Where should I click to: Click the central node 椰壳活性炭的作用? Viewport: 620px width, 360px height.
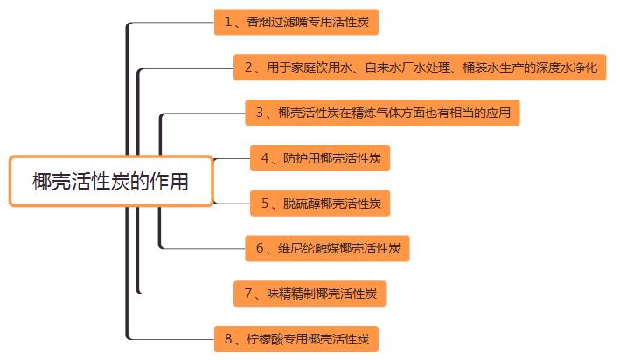pyautogui.click(x=110, y=181)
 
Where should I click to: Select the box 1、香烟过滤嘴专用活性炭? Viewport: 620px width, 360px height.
pyautogui.click(x=296, y=21)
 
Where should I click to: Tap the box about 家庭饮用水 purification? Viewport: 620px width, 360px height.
pyautogui.click(x=421, y=66)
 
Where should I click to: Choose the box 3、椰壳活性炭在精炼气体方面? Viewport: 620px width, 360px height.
pyautogui.click(x=382, y=113)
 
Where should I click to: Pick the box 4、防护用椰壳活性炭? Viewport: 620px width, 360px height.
pyautogui.click(x=320, y=158)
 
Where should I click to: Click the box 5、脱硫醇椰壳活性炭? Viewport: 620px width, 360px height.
pyautogui.click(x=320, y=204)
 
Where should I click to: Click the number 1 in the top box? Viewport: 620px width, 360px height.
pyautogui.click(x=227, y=21)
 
